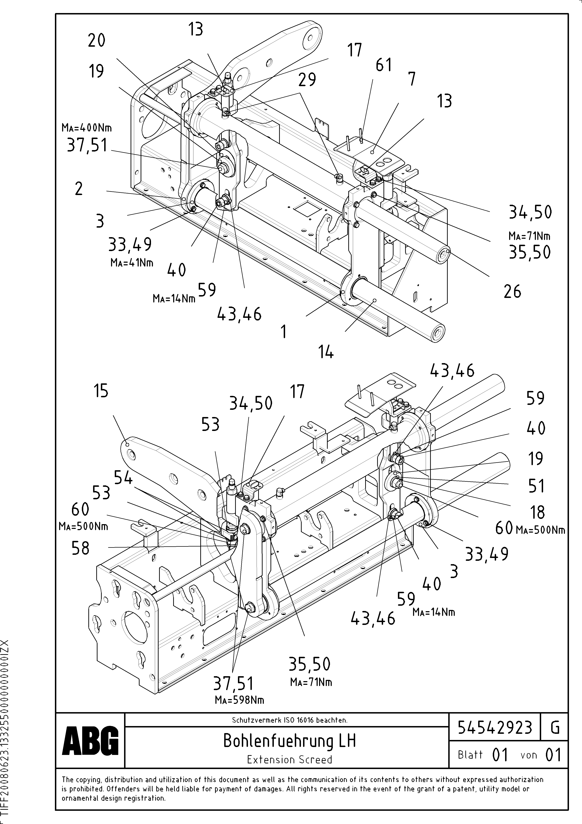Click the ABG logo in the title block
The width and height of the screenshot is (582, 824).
point(90,740)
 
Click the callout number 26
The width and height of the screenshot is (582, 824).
point(512,291)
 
